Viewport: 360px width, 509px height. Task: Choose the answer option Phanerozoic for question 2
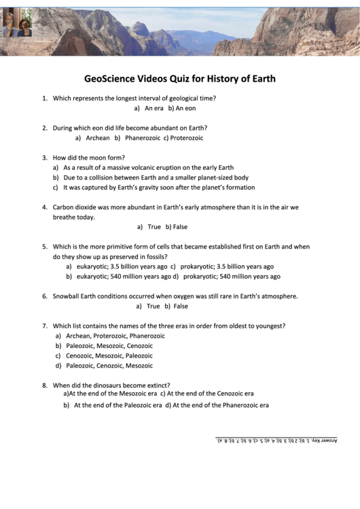(x=142, y=138)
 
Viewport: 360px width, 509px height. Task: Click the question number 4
(x=45, y=207)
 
